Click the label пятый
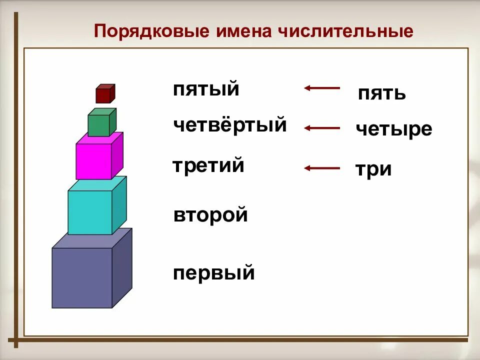(x=206, y=90)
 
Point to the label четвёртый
(x=230, y=124)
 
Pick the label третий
(x=208, y=165)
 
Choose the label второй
(x=210, y=215)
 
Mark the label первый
(x=214, y=273)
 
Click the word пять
(x=381, y=93)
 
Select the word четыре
(x=393, y=129)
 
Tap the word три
(x=373, y=169)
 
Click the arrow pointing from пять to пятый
(x=321, y=88)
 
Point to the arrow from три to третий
(x=321, y=168)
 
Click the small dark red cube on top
(x=104, y=94)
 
